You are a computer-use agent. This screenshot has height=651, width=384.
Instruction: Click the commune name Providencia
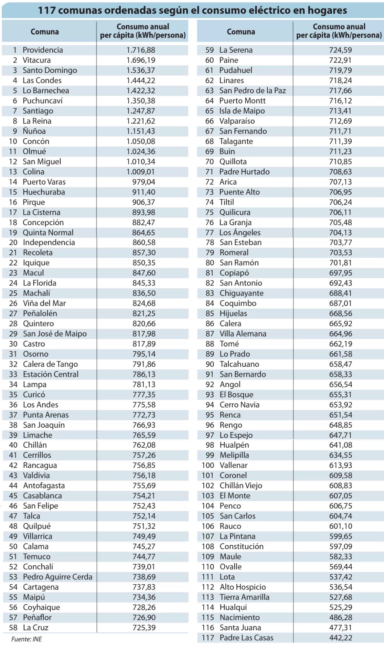click(43, 50)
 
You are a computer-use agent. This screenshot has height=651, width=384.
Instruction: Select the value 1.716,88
click(141, 50)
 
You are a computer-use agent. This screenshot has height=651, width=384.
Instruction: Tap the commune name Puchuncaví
click(43, 101)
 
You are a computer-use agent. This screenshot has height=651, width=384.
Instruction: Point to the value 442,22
click(341, 638)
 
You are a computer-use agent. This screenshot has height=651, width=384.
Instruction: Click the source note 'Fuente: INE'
click(26, 639)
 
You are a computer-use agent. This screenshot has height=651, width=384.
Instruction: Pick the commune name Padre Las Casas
click(246, 638)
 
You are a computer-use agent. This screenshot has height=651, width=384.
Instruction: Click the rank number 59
click(210, 50)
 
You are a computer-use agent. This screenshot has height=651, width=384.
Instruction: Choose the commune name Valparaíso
click(237, 121)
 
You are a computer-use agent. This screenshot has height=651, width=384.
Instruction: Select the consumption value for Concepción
click(143, 222)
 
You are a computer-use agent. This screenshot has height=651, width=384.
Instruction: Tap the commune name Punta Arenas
click(46, 415)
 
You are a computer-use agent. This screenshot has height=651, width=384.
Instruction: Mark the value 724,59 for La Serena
click(340, 50)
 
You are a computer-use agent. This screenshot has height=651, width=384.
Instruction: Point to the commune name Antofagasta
click(44, 485)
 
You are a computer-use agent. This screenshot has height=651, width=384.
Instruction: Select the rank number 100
click(208, 465)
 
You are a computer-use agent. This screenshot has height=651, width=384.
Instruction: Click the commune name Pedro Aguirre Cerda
click(57, 577)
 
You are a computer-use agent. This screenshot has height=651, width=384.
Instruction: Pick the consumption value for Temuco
click(144, 556)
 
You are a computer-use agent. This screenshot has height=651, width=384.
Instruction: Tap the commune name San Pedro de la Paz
click(253, 90)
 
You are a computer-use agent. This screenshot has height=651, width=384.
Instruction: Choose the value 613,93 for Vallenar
click(341, 465)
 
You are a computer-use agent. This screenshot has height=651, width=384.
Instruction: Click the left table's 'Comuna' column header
click(45, 32)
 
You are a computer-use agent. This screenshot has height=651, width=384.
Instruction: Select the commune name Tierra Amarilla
click(244, 597)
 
